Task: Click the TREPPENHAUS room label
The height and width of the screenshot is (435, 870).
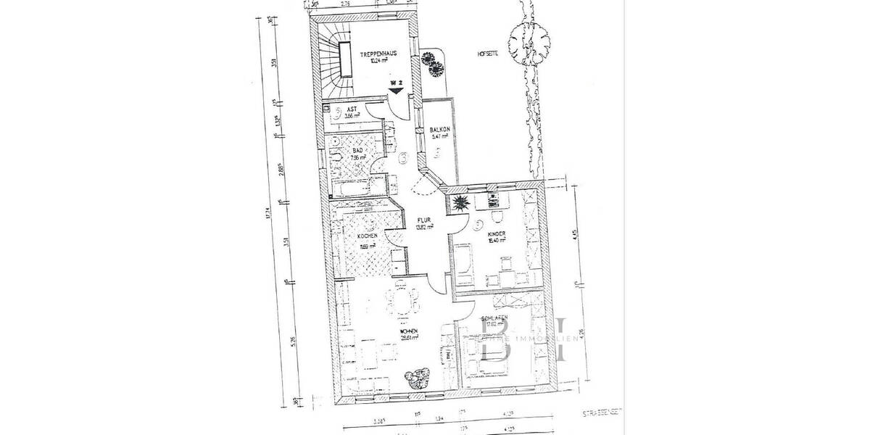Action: click(x=378, y=54)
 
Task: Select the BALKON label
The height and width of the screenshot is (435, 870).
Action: click(x=440, y=130)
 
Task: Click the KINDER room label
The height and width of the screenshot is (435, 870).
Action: click(x=496, y=233)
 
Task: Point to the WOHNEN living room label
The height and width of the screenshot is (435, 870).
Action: click(x=411, y=331)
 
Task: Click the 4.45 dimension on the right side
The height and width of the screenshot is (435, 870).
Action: click(x=574, y=233)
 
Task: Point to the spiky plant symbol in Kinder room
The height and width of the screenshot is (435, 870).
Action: click(x=460, y=203)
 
